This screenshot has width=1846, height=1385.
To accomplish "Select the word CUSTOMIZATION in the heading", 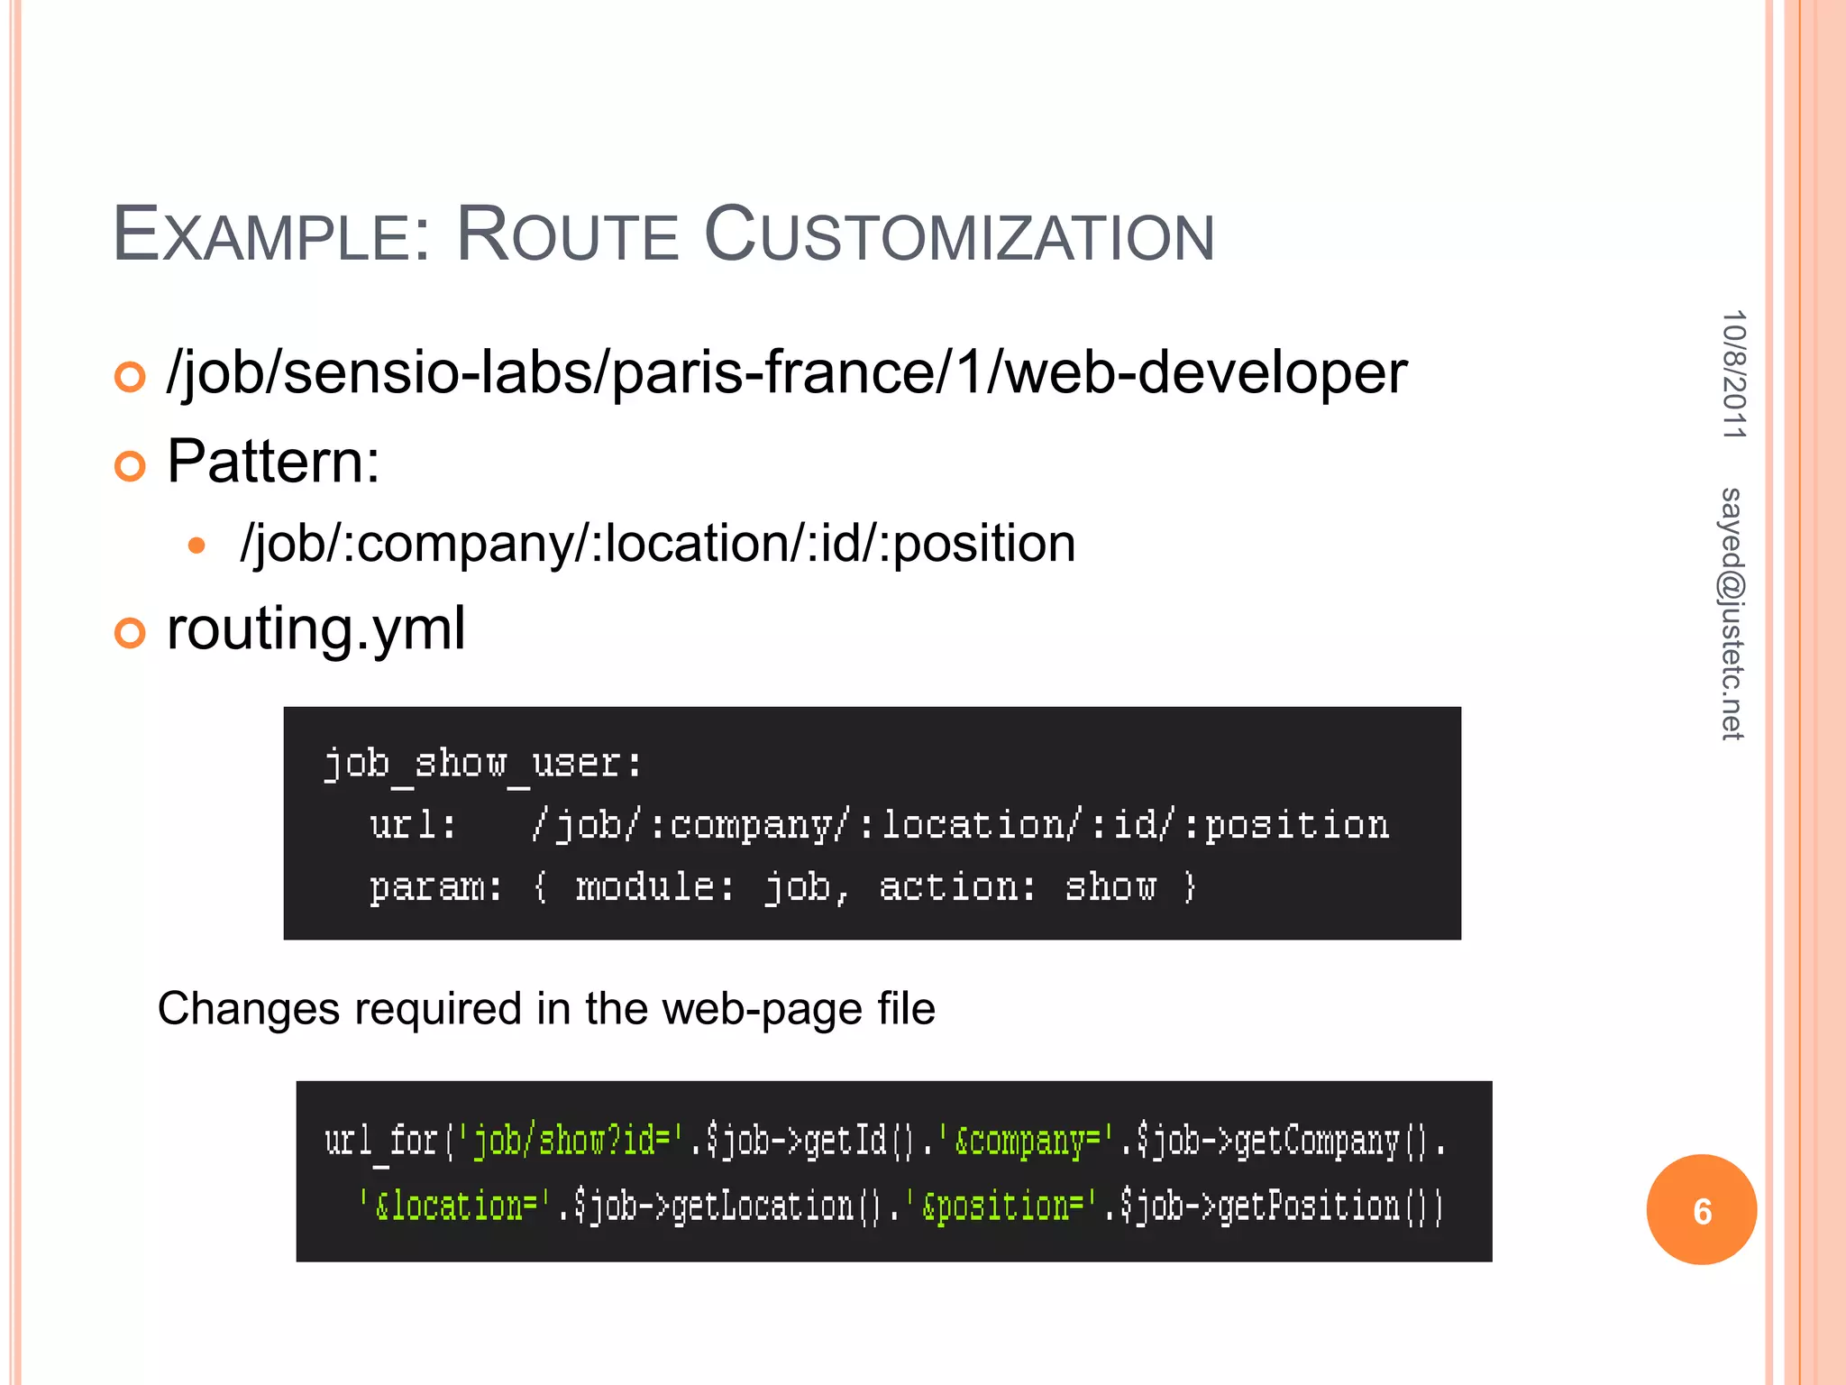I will (x=959, y=236).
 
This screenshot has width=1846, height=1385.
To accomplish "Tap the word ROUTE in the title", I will (x=567, y=236).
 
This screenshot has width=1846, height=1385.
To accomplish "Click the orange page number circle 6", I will (x=1701, y=1210).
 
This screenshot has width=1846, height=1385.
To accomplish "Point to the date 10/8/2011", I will (x=1733, y=374).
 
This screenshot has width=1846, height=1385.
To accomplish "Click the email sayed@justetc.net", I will (x=1732, y=613).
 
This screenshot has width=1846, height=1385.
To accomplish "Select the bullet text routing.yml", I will (x=316, y=628).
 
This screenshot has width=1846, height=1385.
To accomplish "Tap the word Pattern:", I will (x=273, y=462).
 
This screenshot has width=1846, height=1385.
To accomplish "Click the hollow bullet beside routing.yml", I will (x=130, y=633).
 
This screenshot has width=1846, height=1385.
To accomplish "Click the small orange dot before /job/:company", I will (x=196, y=546).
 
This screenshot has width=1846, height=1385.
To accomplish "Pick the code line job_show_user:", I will (x=483, y=764).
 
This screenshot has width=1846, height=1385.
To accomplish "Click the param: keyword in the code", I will (x=435, y=887).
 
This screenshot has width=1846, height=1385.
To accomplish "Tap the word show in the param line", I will (x=1110, y=887).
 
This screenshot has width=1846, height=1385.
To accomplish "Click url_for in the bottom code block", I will (x=380, y=1142).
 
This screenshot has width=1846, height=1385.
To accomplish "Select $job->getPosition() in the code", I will (x=1280, y=1206).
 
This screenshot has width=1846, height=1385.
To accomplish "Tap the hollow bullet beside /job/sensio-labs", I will (x=130, y=377).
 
